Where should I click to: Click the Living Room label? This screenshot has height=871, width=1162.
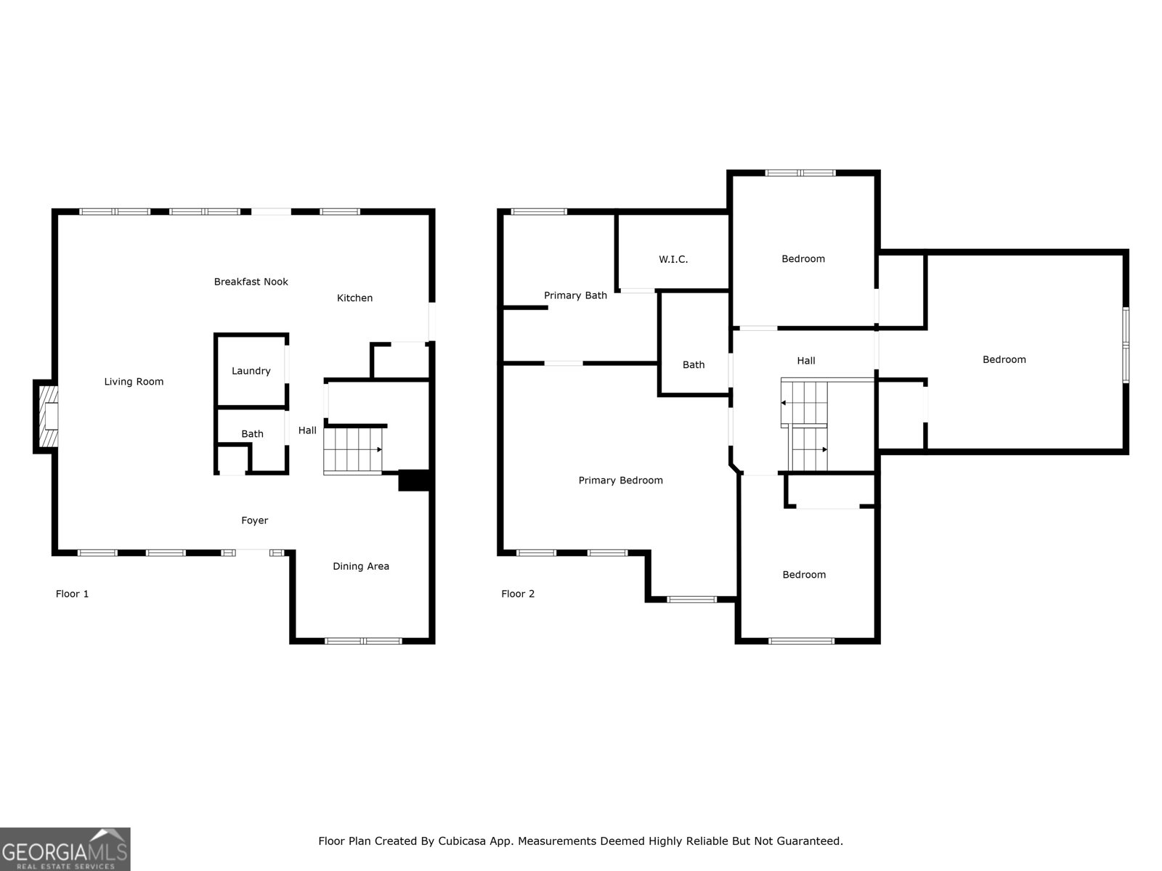click(134, 382)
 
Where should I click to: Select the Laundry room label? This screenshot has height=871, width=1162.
click(251, 371)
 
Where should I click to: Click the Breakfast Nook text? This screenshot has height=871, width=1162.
click(251, 282)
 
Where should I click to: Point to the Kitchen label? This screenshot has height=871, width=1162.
click(354, 298)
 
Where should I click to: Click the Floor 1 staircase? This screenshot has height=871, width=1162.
click(353, 450)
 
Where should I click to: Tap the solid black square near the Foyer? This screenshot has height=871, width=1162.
click(415, 481)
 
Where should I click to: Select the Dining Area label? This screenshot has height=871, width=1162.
click(361, 566)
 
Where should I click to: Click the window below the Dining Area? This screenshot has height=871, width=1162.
click(363, 641)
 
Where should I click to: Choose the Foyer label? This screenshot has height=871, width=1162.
click(254, 520)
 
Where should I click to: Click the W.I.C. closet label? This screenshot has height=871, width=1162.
click(673, 259)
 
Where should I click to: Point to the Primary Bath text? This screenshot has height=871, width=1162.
click(575, 295)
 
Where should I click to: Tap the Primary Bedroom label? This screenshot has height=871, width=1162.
click(620, 481)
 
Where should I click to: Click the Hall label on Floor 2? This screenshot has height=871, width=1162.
click(806, 361)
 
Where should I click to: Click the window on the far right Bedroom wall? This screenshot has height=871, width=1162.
click(1125, 345)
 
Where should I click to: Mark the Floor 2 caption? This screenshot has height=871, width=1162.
click(518, 594)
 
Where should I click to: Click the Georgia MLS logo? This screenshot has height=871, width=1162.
click(65, 848)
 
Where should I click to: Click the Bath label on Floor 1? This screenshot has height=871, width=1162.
click(252, 434)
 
